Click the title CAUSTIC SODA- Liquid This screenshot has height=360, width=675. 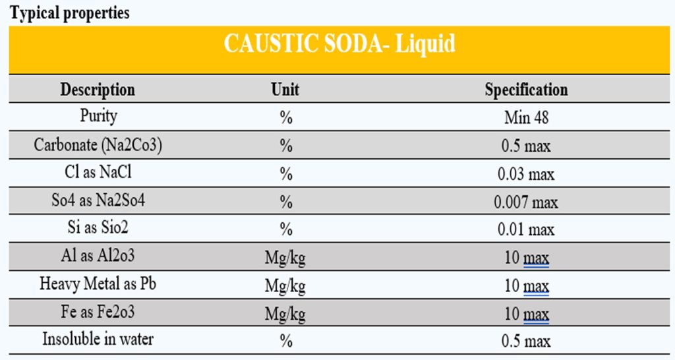tap(339, 44)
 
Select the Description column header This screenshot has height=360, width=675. tap(98, 90)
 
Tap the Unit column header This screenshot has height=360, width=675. tap(285, 90)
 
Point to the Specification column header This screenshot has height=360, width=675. tap(526, 90)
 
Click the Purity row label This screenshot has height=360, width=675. tap(98, 117)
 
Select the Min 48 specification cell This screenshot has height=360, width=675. tap(526, 118)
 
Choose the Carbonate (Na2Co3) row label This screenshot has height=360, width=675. tap(98, 145)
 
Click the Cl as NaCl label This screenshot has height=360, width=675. tap(98, 173)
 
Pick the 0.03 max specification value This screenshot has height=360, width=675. tap(526, 174)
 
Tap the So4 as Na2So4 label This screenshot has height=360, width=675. tap(98, 201)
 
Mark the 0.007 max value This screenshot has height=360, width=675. tap(526, 202)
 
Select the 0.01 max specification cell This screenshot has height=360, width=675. tap(526, 230)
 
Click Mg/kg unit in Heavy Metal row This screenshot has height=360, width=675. tap(285, 286)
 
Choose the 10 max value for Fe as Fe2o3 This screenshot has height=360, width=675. tap(526, 314)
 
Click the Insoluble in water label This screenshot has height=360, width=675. tap(98, 340)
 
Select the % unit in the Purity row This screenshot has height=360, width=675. tap(285, 118)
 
